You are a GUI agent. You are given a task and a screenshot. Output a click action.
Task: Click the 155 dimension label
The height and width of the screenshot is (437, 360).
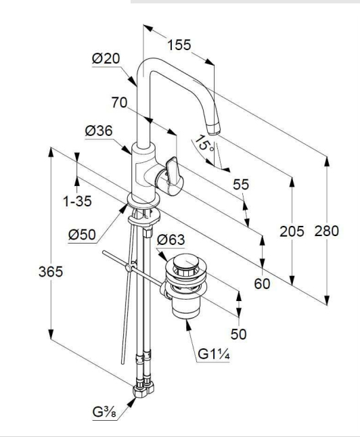179,45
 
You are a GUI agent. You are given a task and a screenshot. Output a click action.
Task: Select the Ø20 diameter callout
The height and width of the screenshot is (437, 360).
106,59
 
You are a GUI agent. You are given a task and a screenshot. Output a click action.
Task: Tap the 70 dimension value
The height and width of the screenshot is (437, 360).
119,103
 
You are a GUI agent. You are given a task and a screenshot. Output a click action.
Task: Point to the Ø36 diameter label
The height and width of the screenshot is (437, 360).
99,131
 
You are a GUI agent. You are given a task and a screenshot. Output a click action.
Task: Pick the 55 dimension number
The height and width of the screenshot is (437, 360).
241,185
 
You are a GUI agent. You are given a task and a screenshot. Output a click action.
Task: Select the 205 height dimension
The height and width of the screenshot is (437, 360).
292,231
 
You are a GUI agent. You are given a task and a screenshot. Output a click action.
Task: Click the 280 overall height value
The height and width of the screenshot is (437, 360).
327,231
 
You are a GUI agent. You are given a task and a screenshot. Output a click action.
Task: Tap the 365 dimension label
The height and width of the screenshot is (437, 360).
51,272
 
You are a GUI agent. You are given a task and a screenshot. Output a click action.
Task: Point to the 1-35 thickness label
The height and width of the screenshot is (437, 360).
78,201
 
